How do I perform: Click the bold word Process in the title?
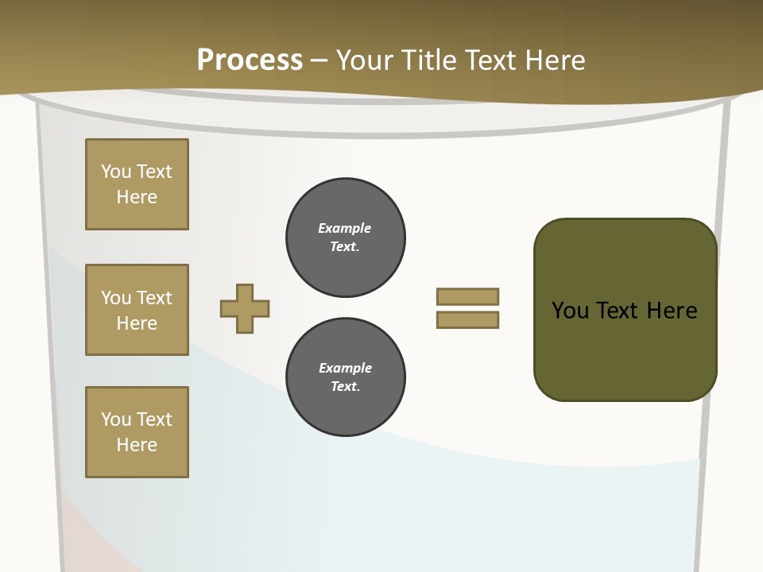tap(250, 60)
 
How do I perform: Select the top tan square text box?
tap(137, 184)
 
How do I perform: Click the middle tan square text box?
tap(137, 310)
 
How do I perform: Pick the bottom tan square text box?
tap(137, 432)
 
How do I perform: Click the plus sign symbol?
tap(245, 308)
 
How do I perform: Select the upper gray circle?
tap(346, 237)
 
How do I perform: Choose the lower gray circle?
tap(346, 377)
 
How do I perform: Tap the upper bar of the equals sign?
tap(467, 296)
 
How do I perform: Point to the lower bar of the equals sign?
tap(467, 319)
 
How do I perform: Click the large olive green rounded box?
tap(625, 310)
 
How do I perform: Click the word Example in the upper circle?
tap(345, 228)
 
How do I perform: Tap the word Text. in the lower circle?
tap(346, 386)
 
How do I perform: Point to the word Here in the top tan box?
tap(137, 197)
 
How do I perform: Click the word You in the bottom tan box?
tap(116, 419)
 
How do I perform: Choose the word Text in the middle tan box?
tap(154, 298)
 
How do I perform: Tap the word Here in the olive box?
tap(672, 310)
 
